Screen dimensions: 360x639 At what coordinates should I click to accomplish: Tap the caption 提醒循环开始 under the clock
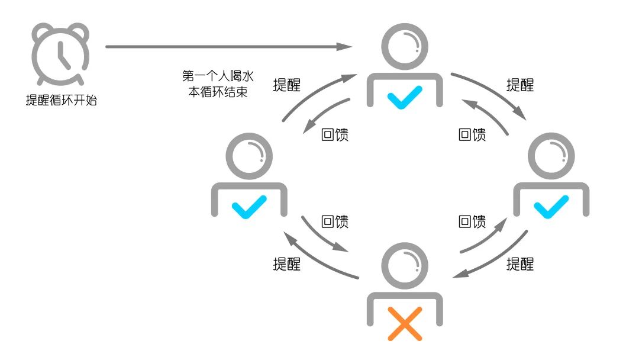tap(61, 100)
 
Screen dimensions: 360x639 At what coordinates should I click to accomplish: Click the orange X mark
tap(405, 323)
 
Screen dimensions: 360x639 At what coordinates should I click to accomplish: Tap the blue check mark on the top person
tap(405, 97)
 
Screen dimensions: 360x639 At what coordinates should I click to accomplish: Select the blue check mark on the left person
tap(248, 208)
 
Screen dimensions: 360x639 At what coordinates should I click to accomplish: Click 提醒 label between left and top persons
tap(286, 85)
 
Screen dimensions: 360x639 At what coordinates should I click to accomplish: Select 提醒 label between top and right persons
tap(520, 85)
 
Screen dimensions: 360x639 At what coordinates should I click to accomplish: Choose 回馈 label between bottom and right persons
tap(472, 221)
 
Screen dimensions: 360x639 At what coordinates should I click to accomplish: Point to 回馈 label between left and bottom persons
tap(334, 221)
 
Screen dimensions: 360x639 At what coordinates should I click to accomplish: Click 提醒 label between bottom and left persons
tap(286, 264)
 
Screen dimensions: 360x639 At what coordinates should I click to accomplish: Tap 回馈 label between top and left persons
tap(334, 134)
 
